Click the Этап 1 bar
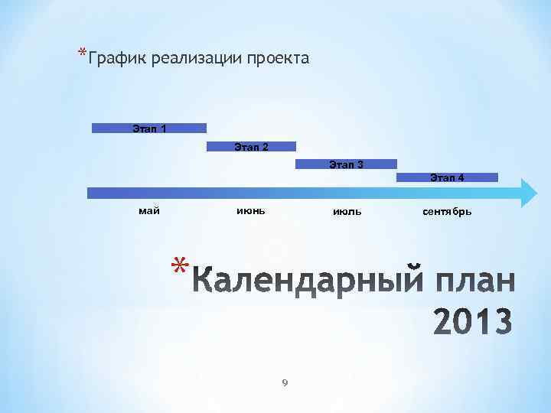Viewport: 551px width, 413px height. point(149,128)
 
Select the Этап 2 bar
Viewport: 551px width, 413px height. point(251,146)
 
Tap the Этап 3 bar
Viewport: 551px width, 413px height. point(346,164)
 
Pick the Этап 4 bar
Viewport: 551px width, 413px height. point(447,177)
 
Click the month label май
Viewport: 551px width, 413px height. point(149,211)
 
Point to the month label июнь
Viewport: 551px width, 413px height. point(251,211)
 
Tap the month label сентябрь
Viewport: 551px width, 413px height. point(447,212)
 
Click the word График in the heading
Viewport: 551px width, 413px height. point(119,59)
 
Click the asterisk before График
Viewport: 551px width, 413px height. point(81,53)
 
